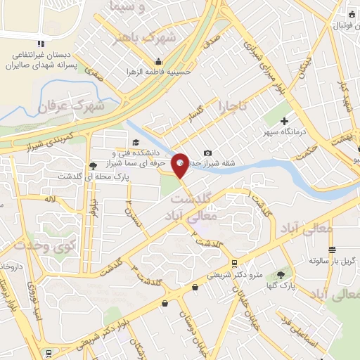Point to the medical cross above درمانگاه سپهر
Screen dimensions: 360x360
[x=284, y=122]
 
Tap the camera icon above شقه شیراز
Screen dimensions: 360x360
[x=207, y=153]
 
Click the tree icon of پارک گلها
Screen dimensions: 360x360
[x=283, y=274]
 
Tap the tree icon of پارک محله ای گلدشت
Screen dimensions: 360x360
[x=94, y=167]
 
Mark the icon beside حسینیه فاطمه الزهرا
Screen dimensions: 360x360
[x=162, y=61]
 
